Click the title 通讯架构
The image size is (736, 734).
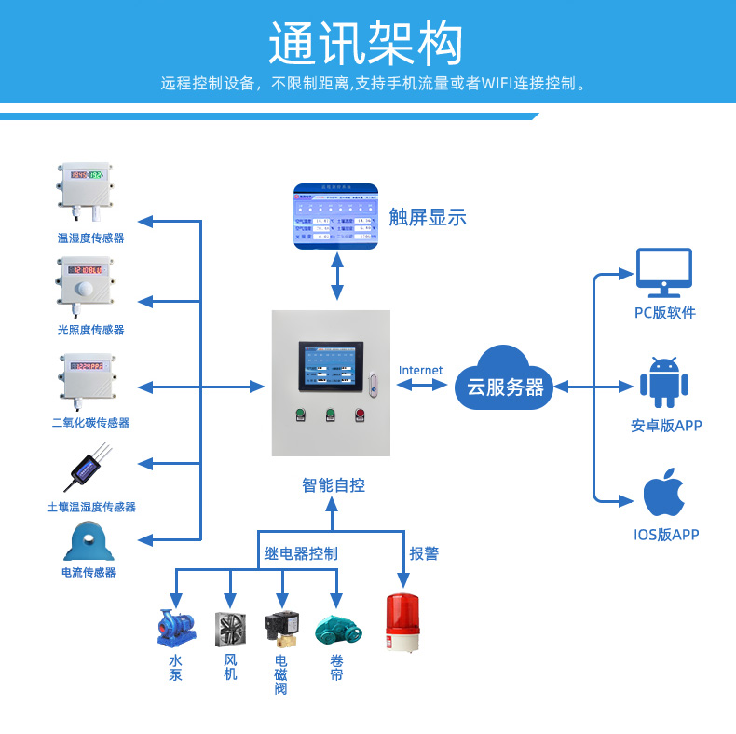366,43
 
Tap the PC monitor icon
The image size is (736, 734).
663,272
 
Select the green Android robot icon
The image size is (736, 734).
664,382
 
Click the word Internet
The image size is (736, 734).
420,370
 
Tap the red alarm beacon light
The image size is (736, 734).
402,621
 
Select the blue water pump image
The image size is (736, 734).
176,628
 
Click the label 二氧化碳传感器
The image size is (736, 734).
90,423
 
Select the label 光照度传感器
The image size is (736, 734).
90,330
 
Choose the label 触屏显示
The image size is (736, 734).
428,218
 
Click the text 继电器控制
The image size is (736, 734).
301,553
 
